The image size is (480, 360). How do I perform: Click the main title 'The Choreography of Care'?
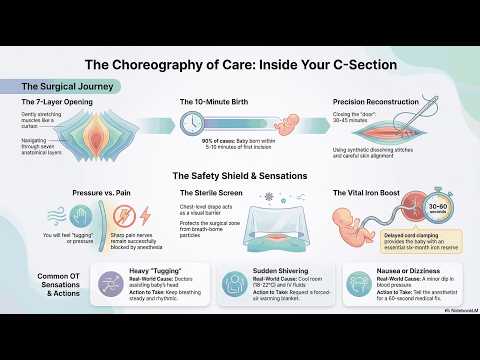[x=240, y=65]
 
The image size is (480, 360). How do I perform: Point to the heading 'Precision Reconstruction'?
[x=377, y=102]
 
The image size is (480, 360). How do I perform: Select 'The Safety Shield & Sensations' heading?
[x=240, y=176]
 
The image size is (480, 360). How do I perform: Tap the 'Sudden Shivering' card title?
[x=277, y=270]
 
